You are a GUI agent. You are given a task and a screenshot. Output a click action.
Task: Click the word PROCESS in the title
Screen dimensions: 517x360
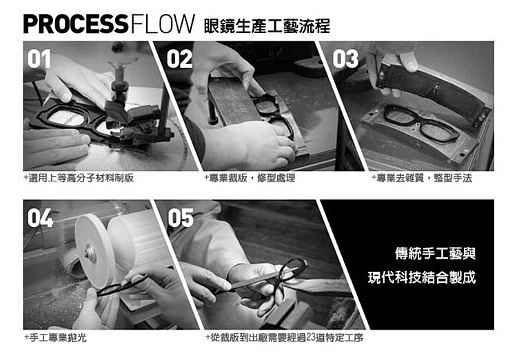point(76,24)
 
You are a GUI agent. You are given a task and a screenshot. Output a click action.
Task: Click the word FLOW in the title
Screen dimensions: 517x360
point(162,24)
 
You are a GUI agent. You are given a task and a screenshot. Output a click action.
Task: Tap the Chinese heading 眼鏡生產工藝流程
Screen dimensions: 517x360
point(267,26)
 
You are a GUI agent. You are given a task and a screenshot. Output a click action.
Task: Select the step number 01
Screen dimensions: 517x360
point(39,59)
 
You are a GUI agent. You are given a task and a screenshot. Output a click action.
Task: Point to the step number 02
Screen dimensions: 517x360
point(179,59)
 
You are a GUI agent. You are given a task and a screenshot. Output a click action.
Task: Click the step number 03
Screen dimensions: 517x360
point(345,59)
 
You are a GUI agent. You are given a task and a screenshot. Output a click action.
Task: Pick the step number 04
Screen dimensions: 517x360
point(40,218)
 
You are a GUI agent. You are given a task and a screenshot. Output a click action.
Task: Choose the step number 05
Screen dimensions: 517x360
point(181,218)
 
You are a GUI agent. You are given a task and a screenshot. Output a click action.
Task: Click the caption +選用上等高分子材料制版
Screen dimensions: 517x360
point(79,178)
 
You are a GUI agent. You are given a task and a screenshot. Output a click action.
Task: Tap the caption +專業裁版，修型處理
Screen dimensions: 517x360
point(250,178)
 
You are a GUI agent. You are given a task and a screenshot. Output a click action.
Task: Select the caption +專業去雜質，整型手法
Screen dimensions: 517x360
point(421,178)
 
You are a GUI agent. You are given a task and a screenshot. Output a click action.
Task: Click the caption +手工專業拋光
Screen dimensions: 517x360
point(55,337)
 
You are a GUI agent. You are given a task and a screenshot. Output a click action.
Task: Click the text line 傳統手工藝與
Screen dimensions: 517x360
point(435,253)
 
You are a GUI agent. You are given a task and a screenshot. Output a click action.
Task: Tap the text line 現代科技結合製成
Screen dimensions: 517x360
point(422,277)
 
